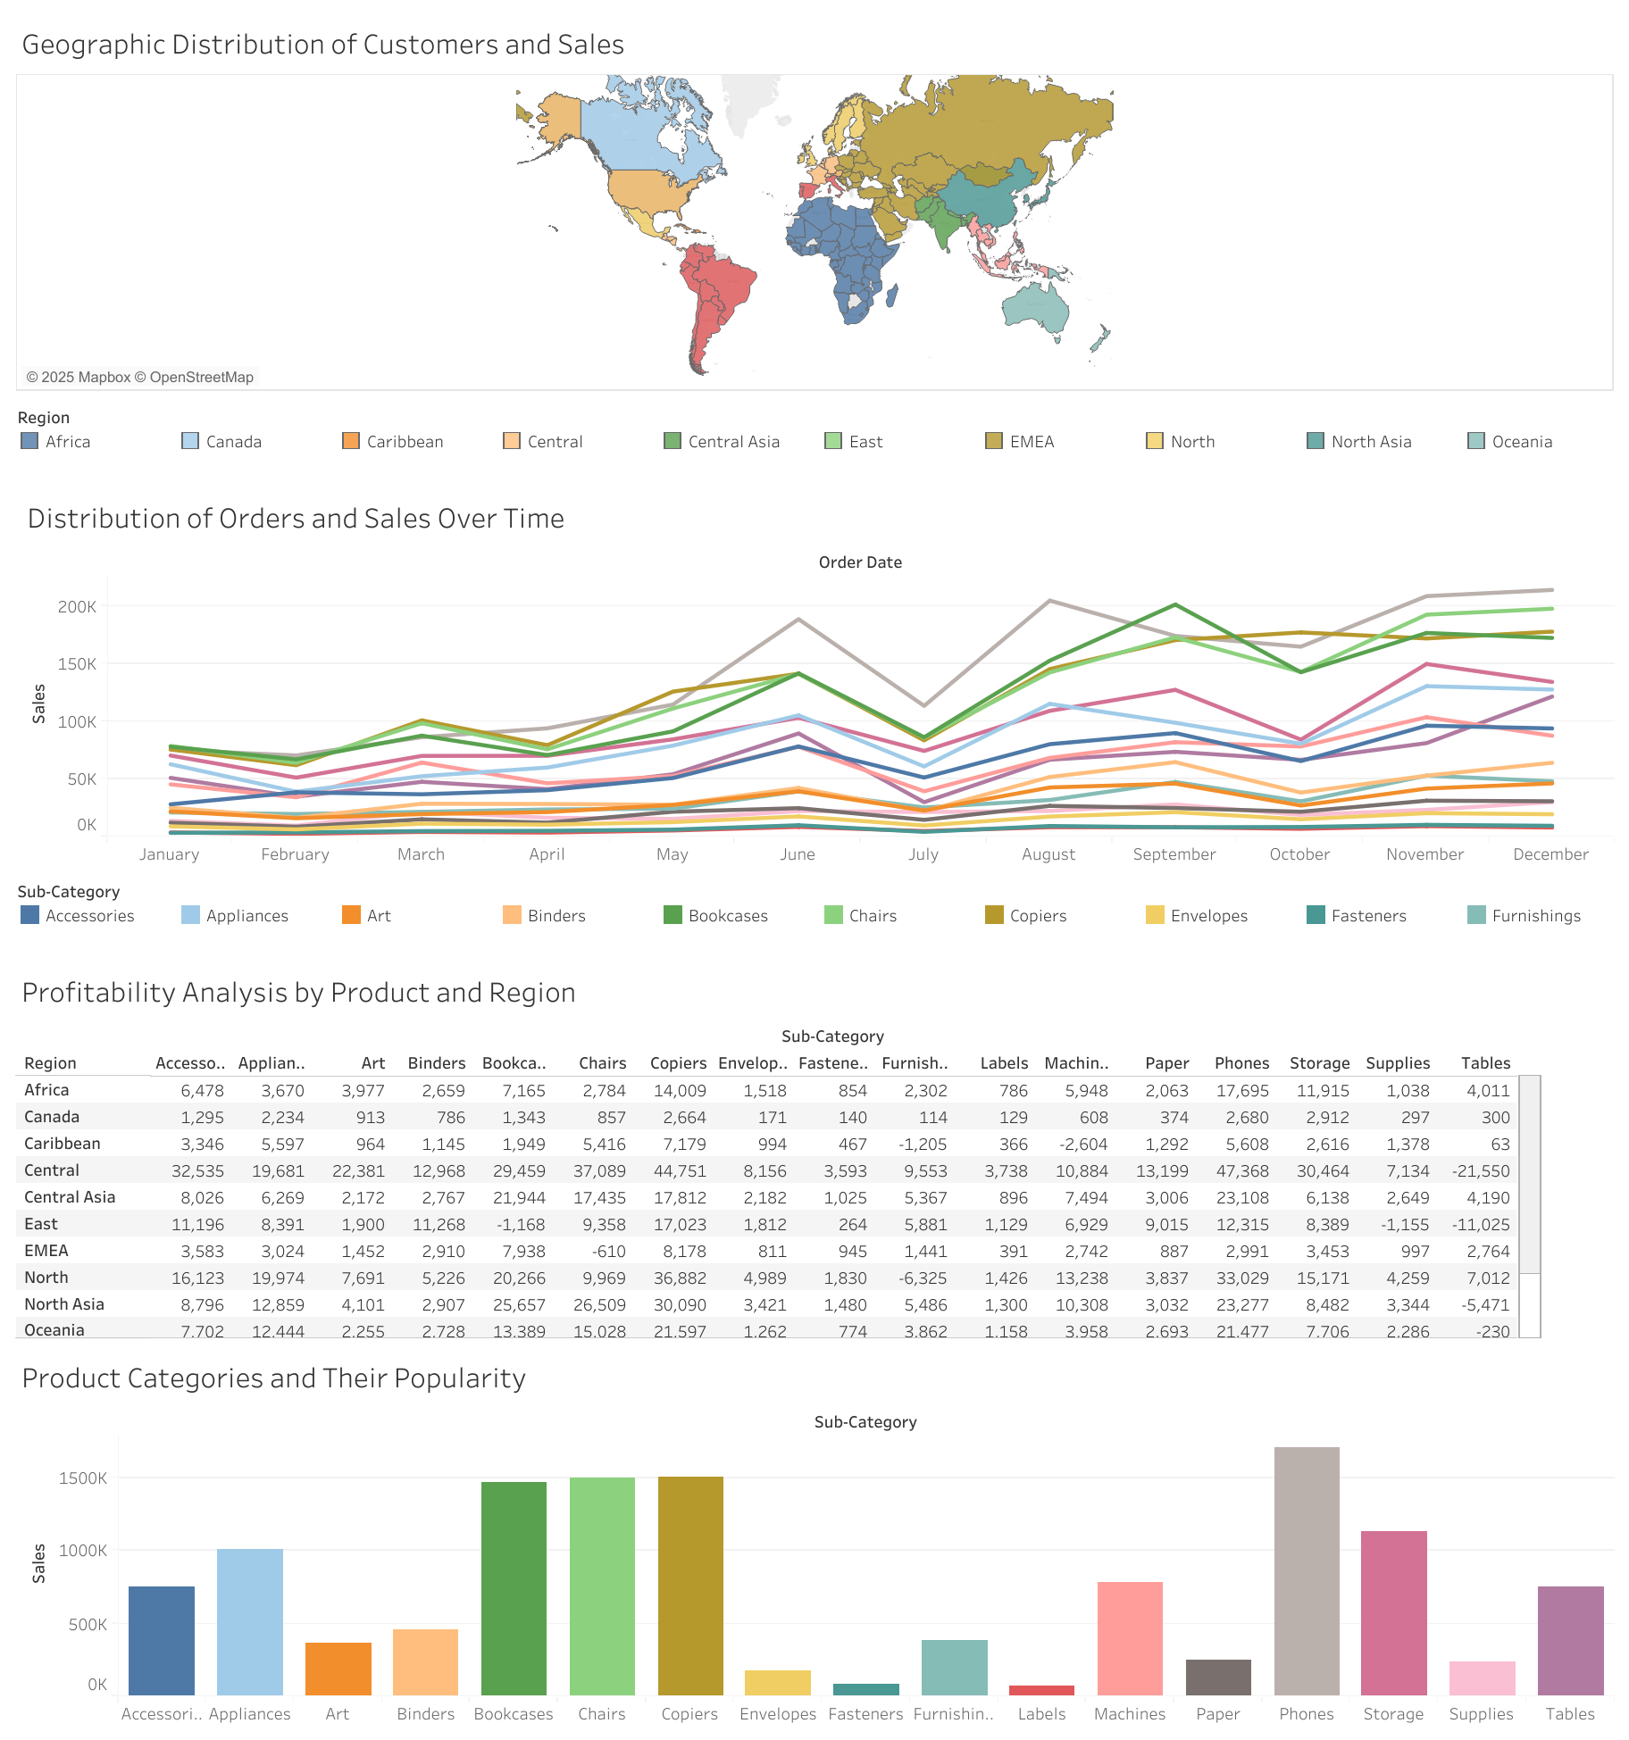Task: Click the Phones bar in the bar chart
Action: click(1306, 1571)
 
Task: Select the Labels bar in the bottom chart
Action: click(1041, 1690)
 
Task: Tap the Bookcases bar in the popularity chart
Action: click(514, 1589)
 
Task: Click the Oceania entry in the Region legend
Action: click(1521, 442)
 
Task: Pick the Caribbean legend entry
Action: click(404, 442)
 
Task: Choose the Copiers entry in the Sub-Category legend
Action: click(1037, 916)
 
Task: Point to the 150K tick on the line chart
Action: click(77, 664)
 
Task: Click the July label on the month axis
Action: click(923, 854)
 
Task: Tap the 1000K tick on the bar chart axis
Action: click(83, 1551)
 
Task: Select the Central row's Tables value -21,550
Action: click(1485, 1171)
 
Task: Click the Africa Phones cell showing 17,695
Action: click(1242, 1091)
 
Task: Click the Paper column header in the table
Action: click(1166, 1063)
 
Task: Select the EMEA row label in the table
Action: click(46, 1251)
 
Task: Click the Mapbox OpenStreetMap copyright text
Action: click(140, 377)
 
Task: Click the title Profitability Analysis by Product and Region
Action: click(298, 993)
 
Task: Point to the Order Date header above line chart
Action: click(860, 562)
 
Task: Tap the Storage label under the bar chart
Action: click(1393, 1714)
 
